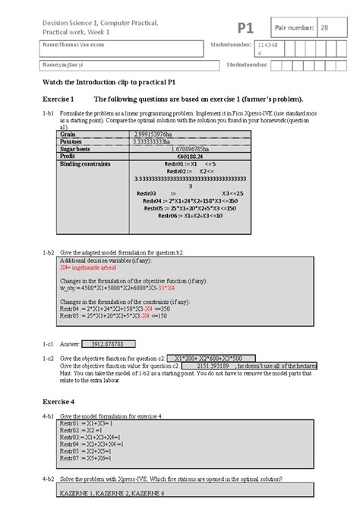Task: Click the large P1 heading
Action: pos(245,28)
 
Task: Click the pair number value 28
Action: pos(324,28)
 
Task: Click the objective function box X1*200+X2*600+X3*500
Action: pos(208,358)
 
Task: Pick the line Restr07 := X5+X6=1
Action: pos(81,459)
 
